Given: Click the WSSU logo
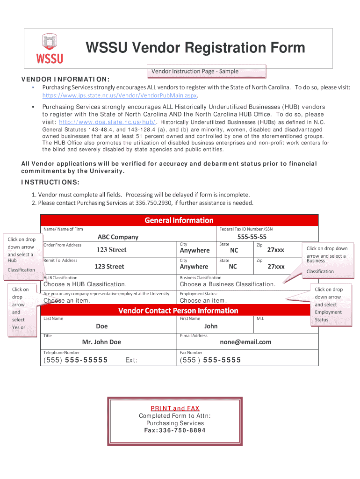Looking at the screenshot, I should coord(49,49).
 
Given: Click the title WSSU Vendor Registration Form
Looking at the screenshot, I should coord(195,48).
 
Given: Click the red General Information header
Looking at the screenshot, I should coord(179,220).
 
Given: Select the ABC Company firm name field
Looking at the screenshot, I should coord(118,237).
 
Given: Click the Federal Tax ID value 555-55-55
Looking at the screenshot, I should coord(252,237).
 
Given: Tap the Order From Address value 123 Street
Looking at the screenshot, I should coord(111,250).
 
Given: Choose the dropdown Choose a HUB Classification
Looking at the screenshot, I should coord(85,284).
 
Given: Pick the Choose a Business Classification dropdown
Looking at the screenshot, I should coord(227,284).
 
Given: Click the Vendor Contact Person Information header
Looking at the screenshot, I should coord(178,311).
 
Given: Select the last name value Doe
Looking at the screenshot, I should coord(101,326).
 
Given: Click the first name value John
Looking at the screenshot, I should coord(211,326).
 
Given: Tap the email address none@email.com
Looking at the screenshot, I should coord(245,342).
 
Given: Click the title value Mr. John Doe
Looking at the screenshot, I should coord(101,342).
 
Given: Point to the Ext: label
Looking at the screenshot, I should coord(131,360).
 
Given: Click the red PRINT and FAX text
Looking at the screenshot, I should coord(175,408).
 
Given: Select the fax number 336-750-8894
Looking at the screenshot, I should coord(175,430).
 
